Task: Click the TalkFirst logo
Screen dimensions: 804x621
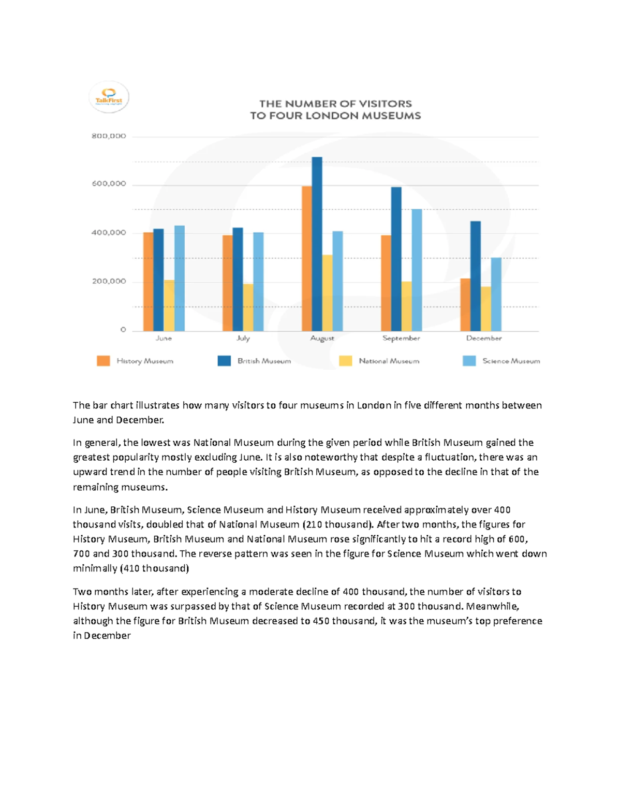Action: click(x=109, y=97)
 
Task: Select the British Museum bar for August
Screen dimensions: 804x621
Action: click(x=317, y=243)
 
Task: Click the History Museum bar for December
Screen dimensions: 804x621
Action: click(x=465, y=304)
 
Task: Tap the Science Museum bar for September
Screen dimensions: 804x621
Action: click(x=417, y=270)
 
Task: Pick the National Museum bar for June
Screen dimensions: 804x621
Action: click(x=169, y=305)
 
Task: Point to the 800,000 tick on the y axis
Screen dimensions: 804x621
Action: click(x=109, y=136)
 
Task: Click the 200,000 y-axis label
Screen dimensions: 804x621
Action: click(x=109, y=282)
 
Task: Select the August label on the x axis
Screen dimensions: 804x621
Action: click(x=322, y=339)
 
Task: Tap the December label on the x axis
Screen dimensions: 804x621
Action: click(x=483, y=339)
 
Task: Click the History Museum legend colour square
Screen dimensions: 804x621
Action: click(x=103, y=361)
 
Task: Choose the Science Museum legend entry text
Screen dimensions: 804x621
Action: click(x=511, y=361)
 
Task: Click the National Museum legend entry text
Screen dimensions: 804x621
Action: click(x=389, y=361)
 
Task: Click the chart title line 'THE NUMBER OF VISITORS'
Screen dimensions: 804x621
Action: click(x=335, y=104)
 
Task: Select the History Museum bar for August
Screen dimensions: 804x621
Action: click(x=306, y=258)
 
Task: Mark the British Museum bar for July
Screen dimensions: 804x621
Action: click(x=238, y=279)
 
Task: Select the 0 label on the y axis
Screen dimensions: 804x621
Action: click(x=123, y=330)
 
